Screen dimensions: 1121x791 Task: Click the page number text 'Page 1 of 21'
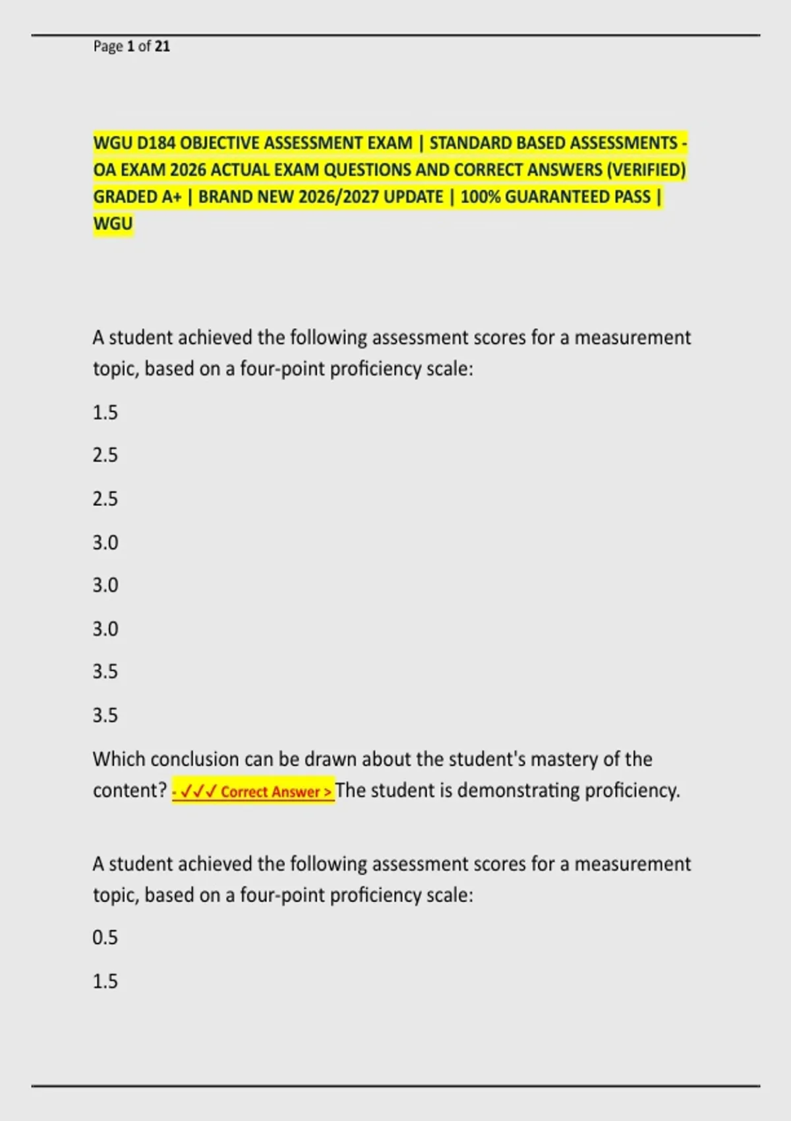click(x=131, y=46)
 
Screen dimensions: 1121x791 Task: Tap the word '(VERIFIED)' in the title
click(x=646, y=170)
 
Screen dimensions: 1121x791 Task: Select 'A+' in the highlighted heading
click(x=171, y=197)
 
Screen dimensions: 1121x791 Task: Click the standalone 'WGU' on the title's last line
click(x=113, y=224)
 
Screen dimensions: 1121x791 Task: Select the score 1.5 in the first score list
click(x=105, y=413)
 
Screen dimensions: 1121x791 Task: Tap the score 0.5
click(x=105, y=937)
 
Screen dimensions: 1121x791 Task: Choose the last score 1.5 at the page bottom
click(x=105, y=981)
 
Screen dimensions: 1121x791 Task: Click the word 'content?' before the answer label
click(x=130, y=790)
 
